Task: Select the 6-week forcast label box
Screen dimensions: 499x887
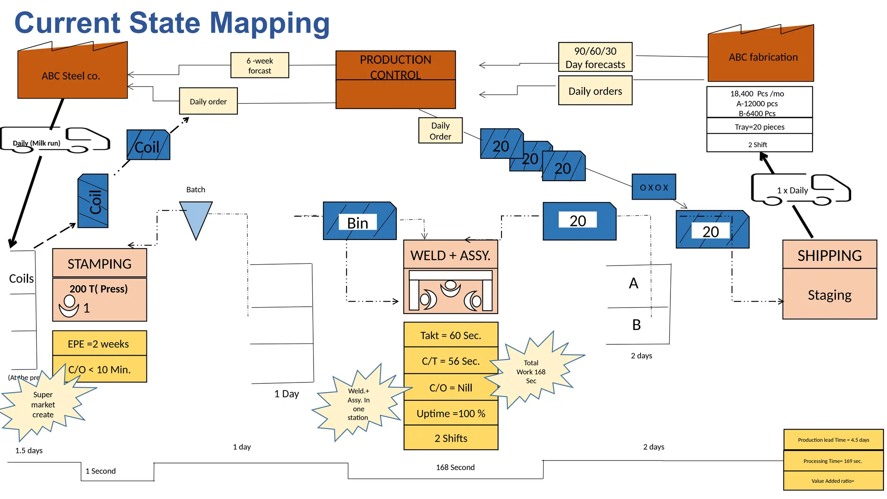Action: [x=259, y=65]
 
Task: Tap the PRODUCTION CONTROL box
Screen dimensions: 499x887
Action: [x=395, y=80]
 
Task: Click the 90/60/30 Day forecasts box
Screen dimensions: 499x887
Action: [x=595, y=57]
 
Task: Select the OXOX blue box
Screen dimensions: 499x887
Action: [x=654, y=187]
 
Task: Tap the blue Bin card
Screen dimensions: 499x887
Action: [x=359, y=221]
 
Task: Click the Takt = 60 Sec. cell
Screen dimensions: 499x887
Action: [x=450, y=335]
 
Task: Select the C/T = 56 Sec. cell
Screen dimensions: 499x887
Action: [x=450, y=361]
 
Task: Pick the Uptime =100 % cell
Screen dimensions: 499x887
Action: [x=450, y=413]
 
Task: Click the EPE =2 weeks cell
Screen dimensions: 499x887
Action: [x=99, y=343]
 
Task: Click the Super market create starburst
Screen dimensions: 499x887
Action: [x=43, y=405]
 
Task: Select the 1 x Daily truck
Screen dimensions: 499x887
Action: [x=800, y=190]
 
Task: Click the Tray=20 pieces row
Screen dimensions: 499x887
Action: [x=759, y=126]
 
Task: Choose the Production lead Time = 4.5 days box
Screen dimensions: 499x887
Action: [x=833, y=440]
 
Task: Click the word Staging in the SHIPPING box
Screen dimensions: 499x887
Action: [x=829, y=295]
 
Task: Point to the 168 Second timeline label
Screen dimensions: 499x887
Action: [x=455, y=467]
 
